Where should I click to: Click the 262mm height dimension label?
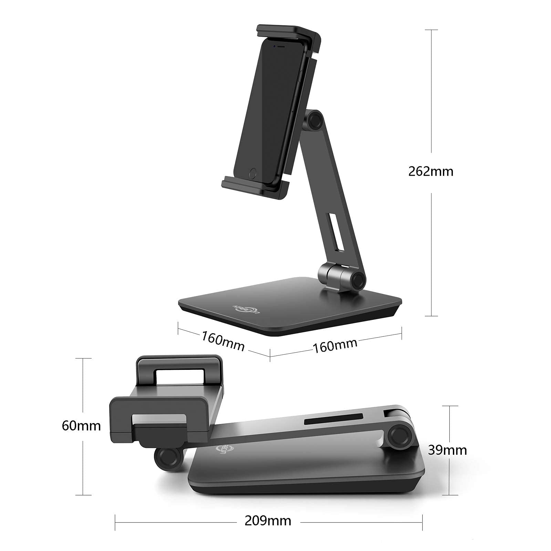[x=431, y=171]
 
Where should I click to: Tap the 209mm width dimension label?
[x=268, y=521]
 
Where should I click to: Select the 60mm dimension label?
[x=81, y=426]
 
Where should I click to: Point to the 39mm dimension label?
[x=447, y=450]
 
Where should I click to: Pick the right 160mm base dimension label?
[x=335, y=345]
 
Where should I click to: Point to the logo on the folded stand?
[x=221, y=449]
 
